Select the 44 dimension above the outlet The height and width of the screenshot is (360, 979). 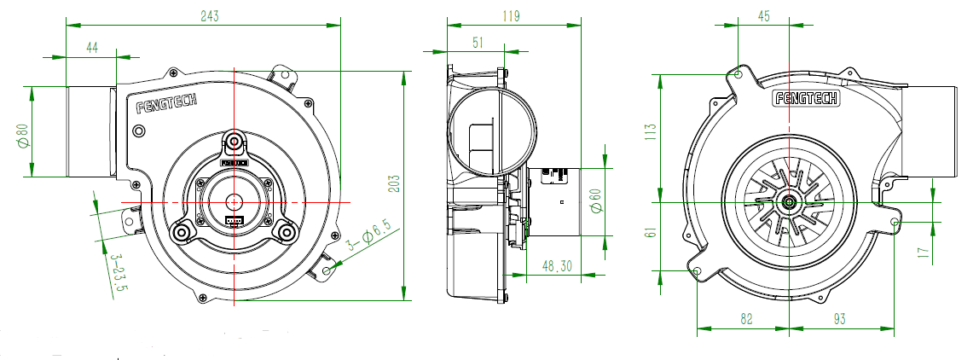coord(92,49)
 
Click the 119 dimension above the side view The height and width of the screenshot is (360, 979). coord(512,16)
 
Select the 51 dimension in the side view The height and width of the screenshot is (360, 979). coord(478,42)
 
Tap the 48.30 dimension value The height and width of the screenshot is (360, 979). coord(557,266)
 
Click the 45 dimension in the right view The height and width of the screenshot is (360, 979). coord(763,16)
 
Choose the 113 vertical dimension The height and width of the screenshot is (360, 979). coord(651,131)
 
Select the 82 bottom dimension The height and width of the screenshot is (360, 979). coord(746,318)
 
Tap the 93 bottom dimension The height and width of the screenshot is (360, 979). coord(839,318)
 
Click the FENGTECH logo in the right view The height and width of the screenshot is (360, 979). coord(806,98)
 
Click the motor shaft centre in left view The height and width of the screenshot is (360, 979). coord(235,200)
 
